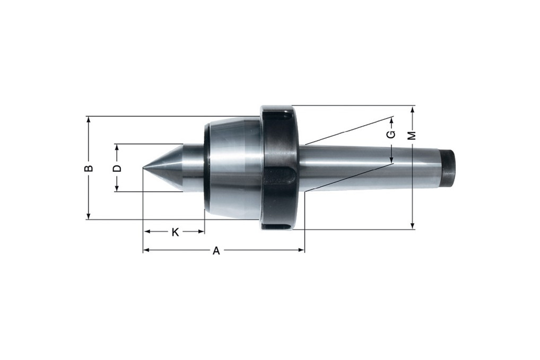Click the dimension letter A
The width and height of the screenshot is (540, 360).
pyautogui.click(x=216, y=251)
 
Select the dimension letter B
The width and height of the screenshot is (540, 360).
pyautogui.click(x=89, y=168)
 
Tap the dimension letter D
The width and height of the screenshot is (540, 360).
pyautogui.click(x=118, y=168)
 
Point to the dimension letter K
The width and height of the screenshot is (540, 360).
pyautogui.click(x=175, y=232)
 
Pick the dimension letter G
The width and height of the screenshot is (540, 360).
pyautogui.click(x=391, y=134)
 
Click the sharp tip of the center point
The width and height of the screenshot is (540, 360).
pyautogui.click(x=144, y=169)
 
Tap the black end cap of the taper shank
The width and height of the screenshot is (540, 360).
pyautogui.click(x=448, y=168)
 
